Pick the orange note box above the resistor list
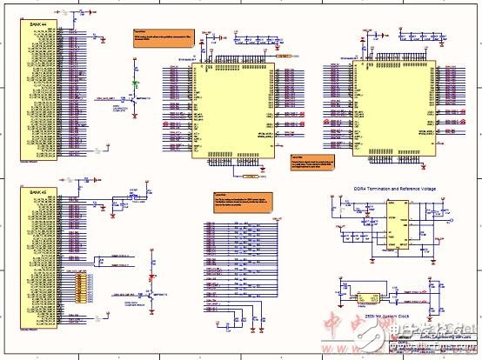[x=241, y=200]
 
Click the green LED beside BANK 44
[x=135, y=84]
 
